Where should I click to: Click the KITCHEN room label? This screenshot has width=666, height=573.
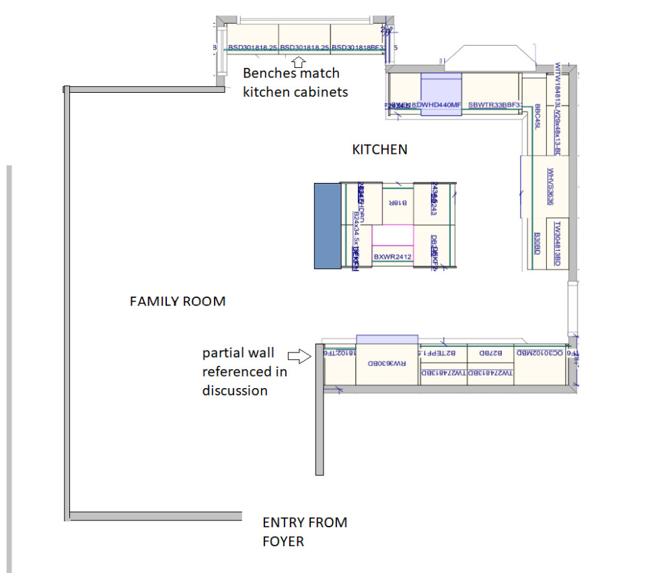pyautogui.click(x=379, y=149)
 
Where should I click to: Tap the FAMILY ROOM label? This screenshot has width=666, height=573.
pyautogui.click(x=178, y=301)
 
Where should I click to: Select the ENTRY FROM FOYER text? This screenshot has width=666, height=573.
pyautogui.click(x=305, y=531)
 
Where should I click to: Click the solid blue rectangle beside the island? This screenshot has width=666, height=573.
pyautogui.click(x=328, y=226)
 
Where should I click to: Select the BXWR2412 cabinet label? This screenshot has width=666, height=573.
pyautogui.click(x=392, y=256)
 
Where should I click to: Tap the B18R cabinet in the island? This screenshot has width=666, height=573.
pyautogui.click(x=397, y=202)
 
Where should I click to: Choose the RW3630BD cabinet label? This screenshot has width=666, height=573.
pyautogui.click(x=387, y=364)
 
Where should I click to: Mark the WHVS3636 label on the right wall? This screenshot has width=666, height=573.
pyautogui.click(x=550, y=186)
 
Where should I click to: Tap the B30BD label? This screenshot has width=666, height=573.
pyautogui.click(x=537, y=243)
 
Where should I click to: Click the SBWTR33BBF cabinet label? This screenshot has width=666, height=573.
pyautogui.click(x=494, y=105)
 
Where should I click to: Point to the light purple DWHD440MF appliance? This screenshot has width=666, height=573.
pyautogui.click(x=441, y=94)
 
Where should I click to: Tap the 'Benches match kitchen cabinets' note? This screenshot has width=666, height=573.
pyautogui.click(x=295, y=83)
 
